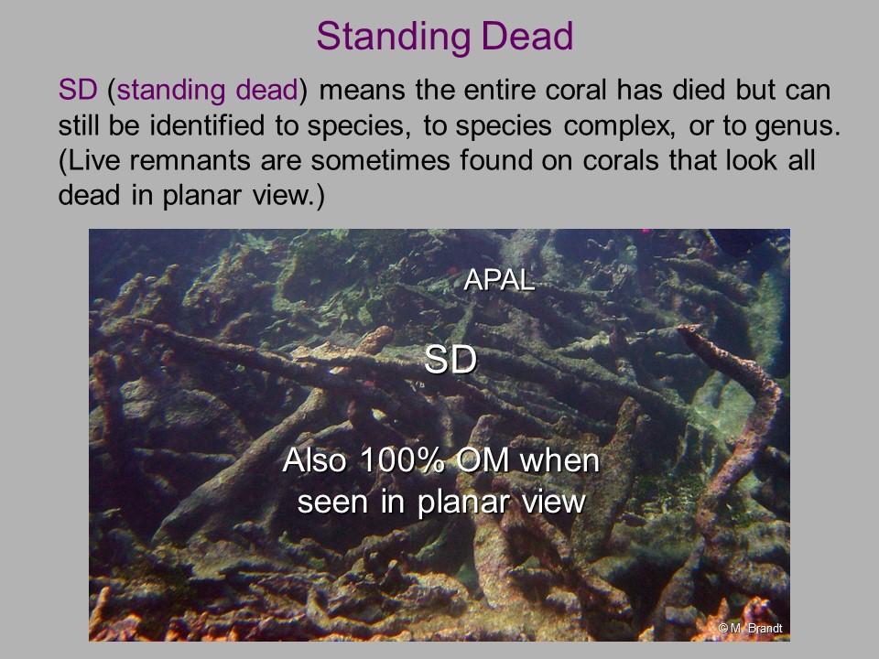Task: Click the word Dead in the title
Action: [x=527, y=36]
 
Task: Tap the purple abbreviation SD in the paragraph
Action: [x=78, y=90]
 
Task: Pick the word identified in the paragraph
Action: [x=207, y=125]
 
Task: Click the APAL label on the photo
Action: [x=499, y=280]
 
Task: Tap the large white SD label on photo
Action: [x=450, y=359]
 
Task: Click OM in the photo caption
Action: [x=483, y=460]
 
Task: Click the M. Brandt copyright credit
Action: [x=750, y=628]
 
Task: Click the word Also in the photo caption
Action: [x=314, y=460]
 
